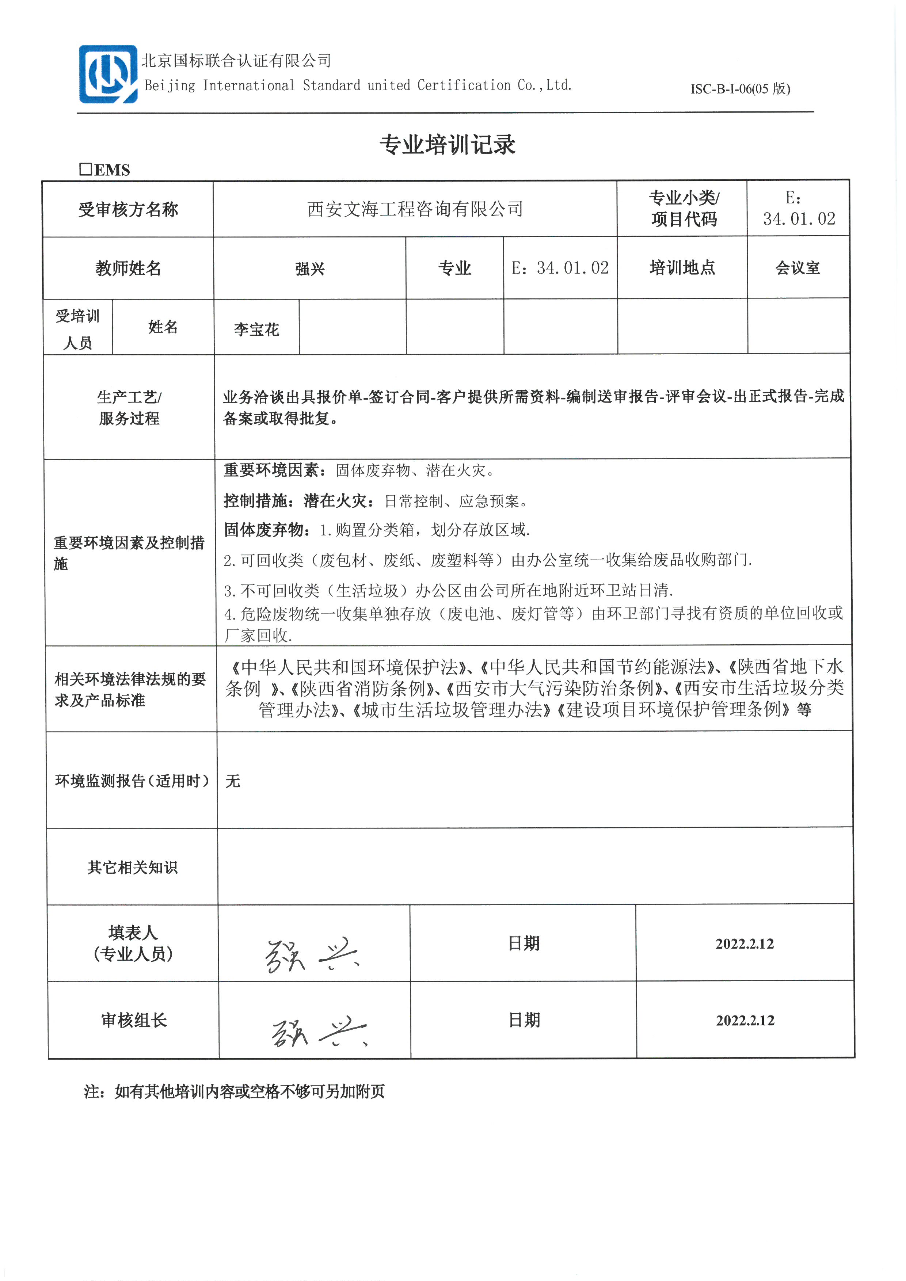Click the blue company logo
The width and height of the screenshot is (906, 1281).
108,74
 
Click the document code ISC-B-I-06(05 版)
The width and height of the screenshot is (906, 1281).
740,89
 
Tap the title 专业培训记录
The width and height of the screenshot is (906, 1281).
448,145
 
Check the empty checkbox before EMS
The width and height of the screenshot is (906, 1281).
85,169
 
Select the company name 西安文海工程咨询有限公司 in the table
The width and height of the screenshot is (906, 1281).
415,209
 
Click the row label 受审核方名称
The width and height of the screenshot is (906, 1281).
128,210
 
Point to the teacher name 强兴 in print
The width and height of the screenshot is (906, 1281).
310,269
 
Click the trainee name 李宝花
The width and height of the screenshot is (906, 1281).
256,329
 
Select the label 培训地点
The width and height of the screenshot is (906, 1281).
682,268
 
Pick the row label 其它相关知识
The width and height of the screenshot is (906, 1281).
132,867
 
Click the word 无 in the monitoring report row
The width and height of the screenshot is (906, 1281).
233,781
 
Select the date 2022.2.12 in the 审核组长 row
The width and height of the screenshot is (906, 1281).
745,1021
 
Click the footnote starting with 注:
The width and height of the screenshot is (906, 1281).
234,1091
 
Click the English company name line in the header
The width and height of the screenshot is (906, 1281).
358,85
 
